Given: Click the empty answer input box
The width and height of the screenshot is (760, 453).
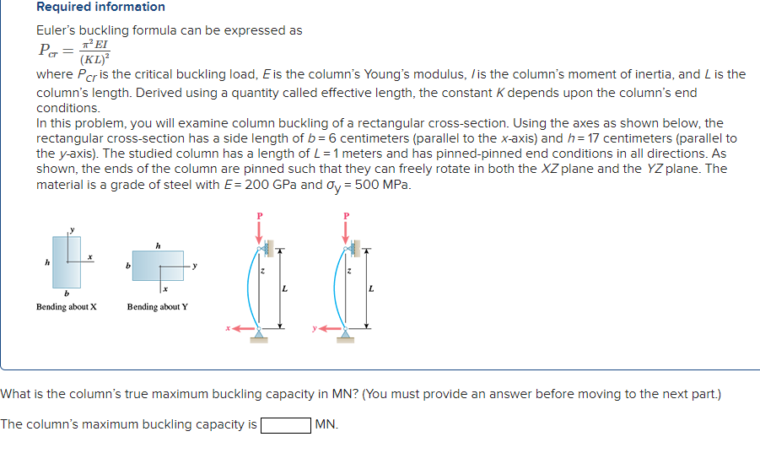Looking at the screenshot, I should [x=285, y=424].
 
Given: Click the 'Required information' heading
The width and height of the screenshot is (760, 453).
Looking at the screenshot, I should [x=100, y=7].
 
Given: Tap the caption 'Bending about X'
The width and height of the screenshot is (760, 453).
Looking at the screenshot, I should [x=67, y=306].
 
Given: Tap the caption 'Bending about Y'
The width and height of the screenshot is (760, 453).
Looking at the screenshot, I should [x=158, y=306].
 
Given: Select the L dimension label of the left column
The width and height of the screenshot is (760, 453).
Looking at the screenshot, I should [x=284, y=289].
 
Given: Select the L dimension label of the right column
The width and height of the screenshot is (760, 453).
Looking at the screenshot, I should [x=371, y=289].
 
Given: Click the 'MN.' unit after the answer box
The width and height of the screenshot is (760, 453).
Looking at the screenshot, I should [x=326, y=424].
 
